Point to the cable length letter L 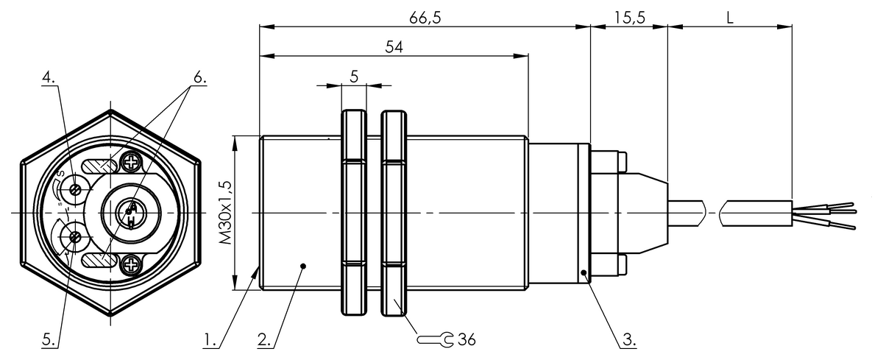tap(729, 18)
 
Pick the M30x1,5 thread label tap(226, 211)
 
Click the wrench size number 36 tap(467, 339)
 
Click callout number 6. tap(199, 76)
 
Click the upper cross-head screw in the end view tap(133, 159)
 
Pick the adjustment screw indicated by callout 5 tap(74, 236)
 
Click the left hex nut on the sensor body tap(354, 212)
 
